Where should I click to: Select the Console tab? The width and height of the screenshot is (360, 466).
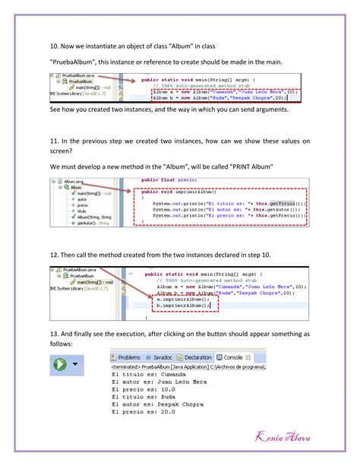tap(231, 357)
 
